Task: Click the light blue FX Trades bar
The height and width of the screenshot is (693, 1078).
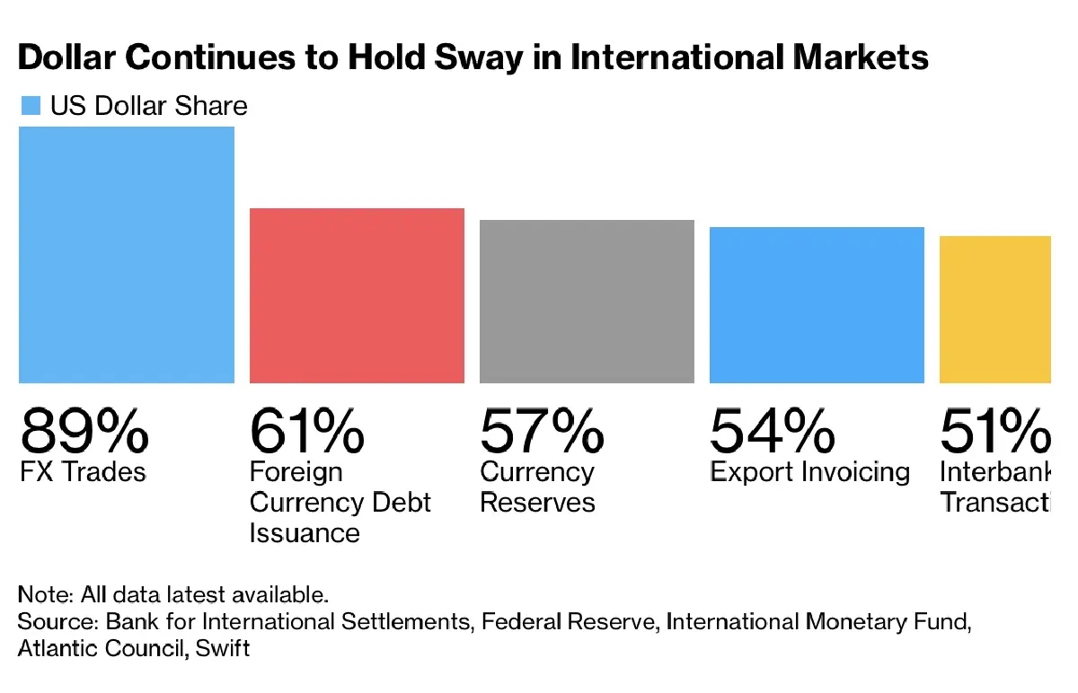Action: coord(127,255)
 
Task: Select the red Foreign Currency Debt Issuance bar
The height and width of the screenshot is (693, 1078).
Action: coord(357,295)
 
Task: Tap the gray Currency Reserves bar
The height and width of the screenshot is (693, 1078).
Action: coord(587,302)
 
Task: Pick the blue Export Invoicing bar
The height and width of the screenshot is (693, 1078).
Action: coord(817,305)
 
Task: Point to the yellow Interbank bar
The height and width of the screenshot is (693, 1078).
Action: coord(995,310)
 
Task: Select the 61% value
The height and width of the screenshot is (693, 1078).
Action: coord(306,431)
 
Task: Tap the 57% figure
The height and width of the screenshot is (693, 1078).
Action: coord(542,431)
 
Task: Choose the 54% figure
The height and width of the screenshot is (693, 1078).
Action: coord(772,431)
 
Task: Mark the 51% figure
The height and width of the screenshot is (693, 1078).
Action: coord(995,431)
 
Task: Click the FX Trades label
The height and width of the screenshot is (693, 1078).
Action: coord(82,472)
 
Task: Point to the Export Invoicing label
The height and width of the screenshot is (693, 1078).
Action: coord(809,472)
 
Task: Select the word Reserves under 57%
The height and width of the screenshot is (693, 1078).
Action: coord(537,503)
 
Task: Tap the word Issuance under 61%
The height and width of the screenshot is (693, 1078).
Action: coord(305,533)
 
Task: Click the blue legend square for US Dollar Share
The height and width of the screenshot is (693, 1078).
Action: coord(31,106)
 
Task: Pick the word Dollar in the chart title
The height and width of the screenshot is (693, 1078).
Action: coord(67,57)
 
